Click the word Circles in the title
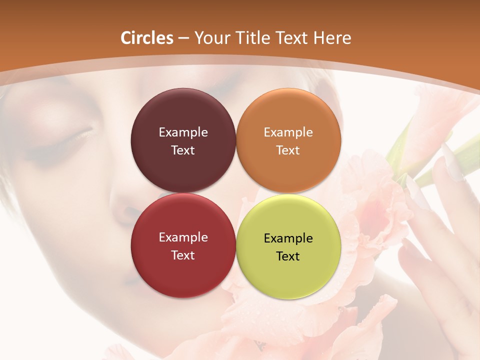click(x=147, y=38)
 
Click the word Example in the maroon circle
click(x=183, y=132)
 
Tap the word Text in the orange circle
click(x=288, y=150)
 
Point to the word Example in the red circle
click(x=183, y=237)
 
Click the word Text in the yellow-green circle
click(x=288, y=256)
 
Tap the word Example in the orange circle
click(x=288, y=132)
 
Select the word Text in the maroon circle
click(x=183, y=150)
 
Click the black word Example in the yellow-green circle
click(x=288, y=238)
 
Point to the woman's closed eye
click(x=70, y=140)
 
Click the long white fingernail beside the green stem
click(x=453, y=165)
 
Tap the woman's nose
click(x=122, y=210)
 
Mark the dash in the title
click(x=183, y=38)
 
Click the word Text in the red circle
click(x=183, y=255)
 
